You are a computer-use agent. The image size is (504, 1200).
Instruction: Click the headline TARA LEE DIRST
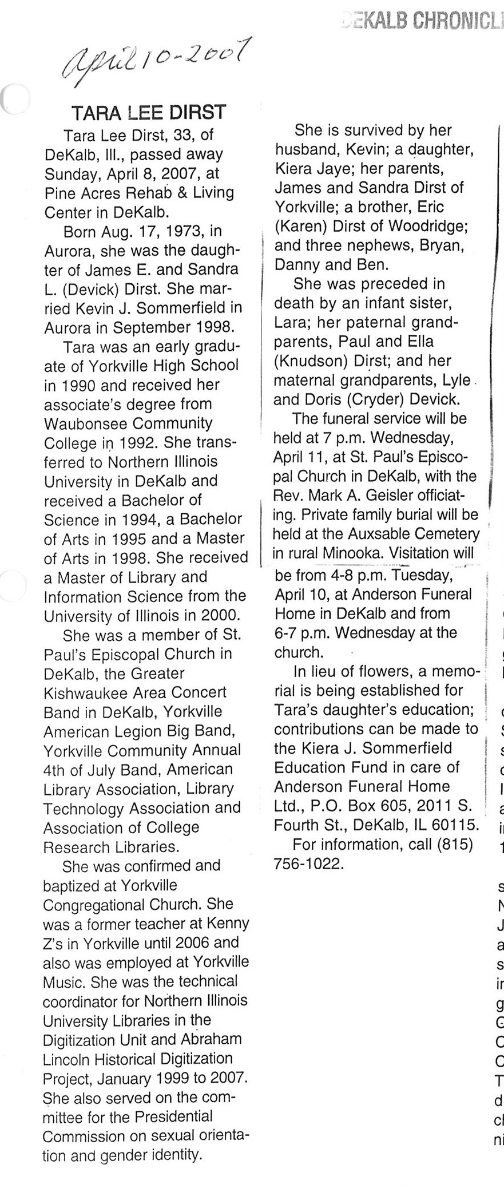[x=148, y=112]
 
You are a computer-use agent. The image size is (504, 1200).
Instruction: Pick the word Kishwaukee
[x=83, y=692]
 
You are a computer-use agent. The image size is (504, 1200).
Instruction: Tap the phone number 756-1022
[x=309, y=864]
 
